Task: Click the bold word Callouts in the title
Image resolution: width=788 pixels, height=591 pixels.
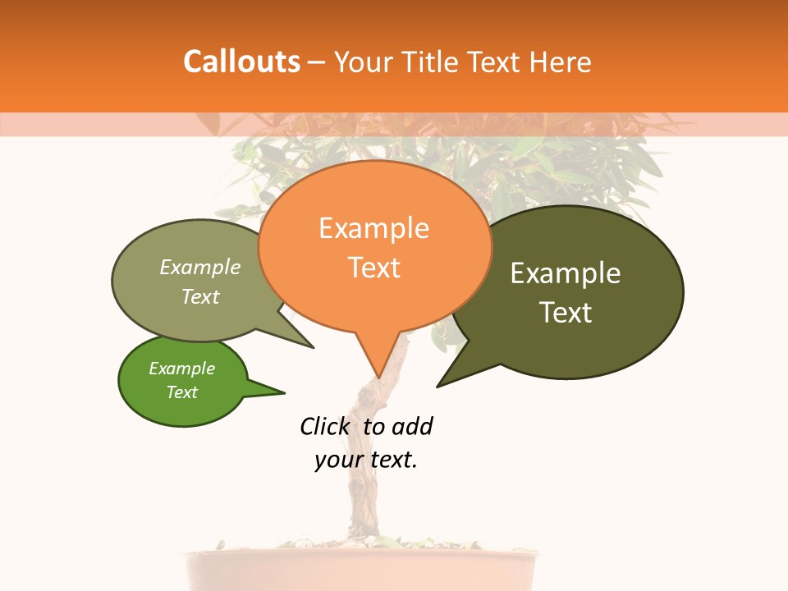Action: point(241,62)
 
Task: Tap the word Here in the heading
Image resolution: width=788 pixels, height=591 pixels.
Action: point(558,62)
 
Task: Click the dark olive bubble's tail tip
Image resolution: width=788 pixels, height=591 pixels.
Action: point(438,386)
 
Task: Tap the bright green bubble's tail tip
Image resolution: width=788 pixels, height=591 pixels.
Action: point(284,392)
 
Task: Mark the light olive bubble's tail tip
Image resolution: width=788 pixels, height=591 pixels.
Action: point(313,347)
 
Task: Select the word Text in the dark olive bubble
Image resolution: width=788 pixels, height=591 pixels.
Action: point(566,312)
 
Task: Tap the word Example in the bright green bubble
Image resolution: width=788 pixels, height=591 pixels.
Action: point(182,369)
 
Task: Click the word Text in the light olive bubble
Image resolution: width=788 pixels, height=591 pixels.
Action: point(200,296)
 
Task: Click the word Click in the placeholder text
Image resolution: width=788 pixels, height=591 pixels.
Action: point(324,426)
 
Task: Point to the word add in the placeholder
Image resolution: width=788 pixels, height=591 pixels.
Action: point(412,426)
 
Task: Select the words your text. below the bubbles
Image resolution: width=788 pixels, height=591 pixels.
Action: point(366,460)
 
